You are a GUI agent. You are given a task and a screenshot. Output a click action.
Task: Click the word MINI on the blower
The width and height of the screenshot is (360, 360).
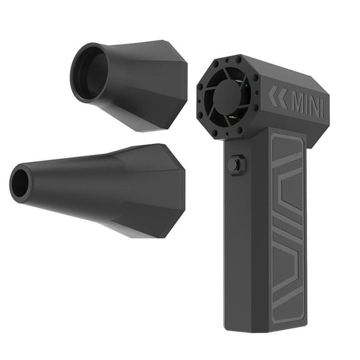tap(308, 105)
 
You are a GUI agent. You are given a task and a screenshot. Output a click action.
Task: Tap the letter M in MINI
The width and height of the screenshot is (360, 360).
tap(299, 103)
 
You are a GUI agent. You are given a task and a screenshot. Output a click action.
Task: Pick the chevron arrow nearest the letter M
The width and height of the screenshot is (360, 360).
tap(282, 98)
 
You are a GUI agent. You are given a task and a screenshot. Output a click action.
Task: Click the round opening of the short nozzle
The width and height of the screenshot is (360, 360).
tap(89, 72)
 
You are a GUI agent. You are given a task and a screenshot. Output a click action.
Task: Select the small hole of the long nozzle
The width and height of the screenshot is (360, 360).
tap(20, 183)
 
